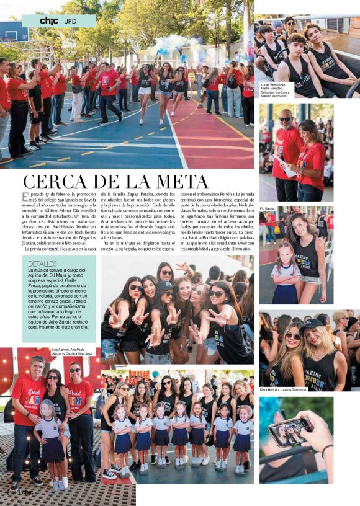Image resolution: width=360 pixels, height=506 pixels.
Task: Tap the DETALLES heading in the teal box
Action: (x=42, y=264)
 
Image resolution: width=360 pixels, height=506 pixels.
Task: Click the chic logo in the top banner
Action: (x=48, y=21)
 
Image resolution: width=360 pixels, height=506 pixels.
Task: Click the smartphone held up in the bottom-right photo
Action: (x=289, y=432)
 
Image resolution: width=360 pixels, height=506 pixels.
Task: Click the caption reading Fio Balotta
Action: (x=268, y=208)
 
